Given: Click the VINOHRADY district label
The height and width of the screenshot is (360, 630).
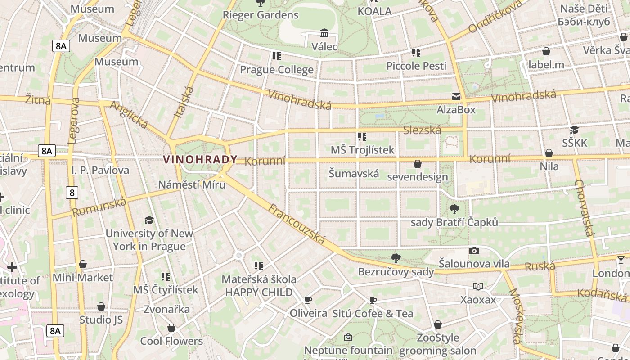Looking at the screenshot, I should point(200,159).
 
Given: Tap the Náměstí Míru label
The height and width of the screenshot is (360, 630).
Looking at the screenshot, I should point(192,184).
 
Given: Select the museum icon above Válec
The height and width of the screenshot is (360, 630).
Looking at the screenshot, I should point(324,33).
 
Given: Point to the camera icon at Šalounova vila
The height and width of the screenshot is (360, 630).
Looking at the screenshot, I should point(474,251).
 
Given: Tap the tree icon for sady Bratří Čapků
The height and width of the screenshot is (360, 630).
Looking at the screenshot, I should point(454,209).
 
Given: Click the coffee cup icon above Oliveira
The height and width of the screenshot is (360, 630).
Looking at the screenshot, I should point(308,300).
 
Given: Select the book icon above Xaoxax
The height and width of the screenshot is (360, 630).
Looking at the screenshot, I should point(478,286).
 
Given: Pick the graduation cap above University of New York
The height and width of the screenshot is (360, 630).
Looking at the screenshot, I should point(149,220).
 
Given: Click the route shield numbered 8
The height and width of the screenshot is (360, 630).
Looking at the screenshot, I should point(72,193).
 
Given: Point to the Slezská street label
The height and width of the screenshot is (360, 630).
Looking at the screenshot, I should point(422,130).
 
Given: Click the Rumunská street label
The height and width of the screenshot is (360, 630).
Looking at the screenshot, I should point(99,207).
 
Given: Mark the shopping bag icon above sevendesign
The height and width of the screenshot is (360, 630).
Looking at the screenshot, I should point(418,164).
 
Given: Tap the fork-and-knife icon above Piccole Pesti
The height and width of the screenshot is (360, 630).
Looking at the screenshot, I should point(416,53).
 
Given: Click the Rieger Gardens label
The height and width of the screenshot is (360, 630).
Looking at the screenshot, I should point(261,15).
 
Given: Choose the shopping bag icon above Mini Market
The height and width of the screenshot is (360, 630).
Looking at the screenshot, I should point(83,264).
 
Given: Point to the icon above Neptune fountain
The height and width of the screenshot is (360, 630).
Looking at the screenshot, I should point(348,337).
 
